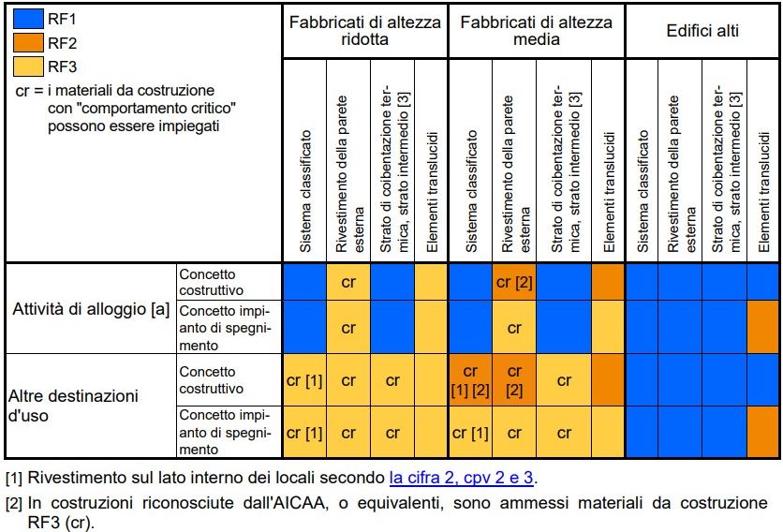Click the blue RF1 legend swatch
click(x=28, y=19)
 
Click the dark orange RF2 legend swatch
click(x=28, y=42)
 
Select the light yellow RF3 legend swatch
click(x=28, y=66)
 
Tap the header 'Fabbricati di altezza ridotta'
click(x=365, y=31)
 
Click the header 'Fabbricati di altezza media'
click(x=537, y=31)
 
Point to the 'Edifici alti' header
click(x=702, y=31)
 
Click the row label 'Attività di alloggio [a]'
click(x=91, y=309)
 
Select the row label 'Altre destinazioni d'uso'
click(x=73, y=406)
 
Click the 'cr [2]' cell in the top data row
click(x=514, y=282)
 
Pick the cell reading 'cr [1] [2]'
click(x=470, y=380)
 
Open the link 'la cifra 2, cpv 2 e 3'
click(x=461, y=478)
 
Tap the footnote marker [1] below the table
click(x=13, y=478)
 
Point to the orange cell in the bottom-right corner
click(x=763, y=432)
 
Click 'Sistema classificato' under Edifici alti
click(x=643, y=191)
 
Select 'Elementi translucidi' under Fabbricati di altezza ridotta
click(x=432, y=192)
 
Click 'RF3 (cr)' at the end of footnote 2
click(x=60, y=523)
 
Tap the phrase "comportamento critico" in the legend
click(x=141, y=109)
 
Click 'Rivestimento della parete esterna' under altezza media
click(x=514, y=174)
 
